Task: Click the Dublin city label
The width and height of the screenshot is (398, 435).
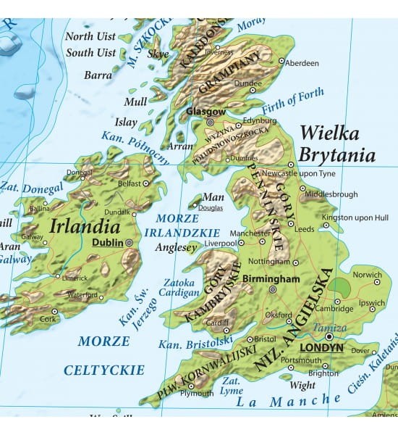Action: [x=107, y=244]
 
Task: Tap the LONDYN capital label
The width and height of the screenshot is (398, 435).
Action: [x=321, y=347]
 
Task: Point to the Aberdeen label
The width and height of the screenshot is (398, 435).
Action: [x=302, y=63]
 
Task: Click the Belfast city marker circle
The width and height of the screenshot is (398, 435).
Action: [x=146, y=184]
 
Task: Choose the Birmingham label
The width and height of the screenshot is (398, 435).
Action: [x=271, y=278]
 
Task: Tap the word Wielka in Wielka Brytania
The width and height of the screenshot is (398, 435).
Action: [x=329, y=133]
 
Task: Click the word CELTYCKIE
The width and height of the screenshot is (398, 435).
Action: [x=104, y=370]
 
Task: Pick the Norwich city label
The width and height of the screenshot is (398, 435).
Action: [x=367, y=275]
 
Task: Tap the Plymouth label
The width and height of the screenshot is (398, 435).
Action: [x=197, y=394]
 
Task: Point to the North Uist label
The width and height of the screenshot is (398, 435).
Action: [x=90, y=36]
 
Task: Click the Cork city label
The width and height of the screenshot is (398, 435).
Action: [x=48, y=320]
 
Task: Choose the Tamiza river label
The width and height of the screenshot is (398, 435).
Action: [x=329, y=328]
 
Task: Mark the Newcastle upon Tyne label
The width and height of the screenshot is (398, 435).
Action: [x=298, y=174]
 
